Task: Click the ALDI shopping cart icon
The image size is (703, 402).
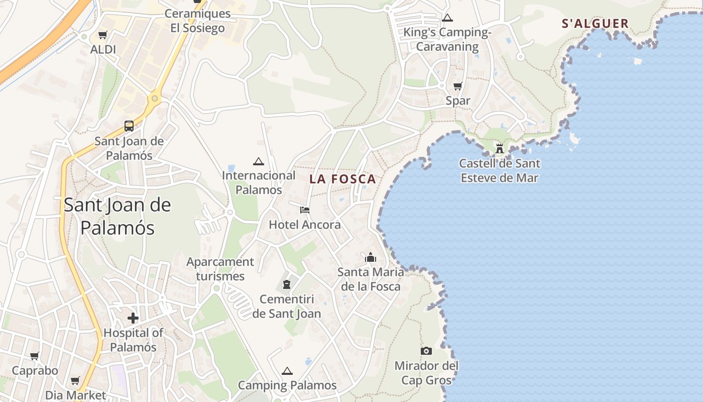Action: coord(102,35)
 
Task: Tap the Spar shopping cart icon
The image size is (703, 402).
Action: coord(457,86)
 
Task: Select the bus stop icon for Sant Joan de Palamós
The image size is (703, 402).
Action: coord(129,126)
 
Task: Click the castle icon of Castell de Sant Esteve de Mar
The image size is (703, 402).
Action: coord(499,149)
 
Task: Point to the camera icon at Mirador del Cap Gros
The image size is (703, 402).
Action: coord(426,351)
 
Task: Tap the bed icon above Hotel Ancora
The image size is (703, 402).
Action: coord(304,210)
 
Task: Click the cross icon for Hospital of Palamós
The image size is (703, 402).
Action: coord(133,318)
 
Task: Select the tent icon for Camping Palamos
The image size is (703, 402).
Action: coord(287,371)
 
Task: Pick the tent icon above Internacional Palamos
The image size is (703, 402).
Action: coord(259,161)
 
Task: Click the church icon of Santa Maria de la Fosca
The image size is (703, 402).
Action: coord(371,258)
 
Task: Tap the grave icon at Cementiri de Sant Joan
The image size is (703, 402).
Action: coord(287,284)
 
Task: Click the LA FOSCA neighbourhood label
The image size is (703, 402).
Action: coord(342,179)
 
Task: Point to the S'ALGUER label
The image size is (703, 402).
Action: coord(595,24)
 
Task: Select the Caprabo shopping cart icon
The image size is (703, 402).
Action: coord(35,356)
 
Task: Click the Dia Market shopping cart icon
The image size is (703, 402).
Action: coord(75,381)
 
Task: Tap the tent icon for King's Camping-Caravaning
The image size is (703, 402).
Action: coord(447,19)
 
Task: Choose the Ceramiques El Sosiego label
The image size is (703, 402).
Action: coord(197,21)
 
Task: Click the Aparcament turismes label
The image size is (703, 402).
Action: coord(220,269)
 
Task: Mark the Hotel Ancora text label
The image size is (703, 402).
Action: coord(305,225)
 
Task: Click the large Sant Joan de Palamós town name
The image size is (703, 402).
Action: coord(118,216)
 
